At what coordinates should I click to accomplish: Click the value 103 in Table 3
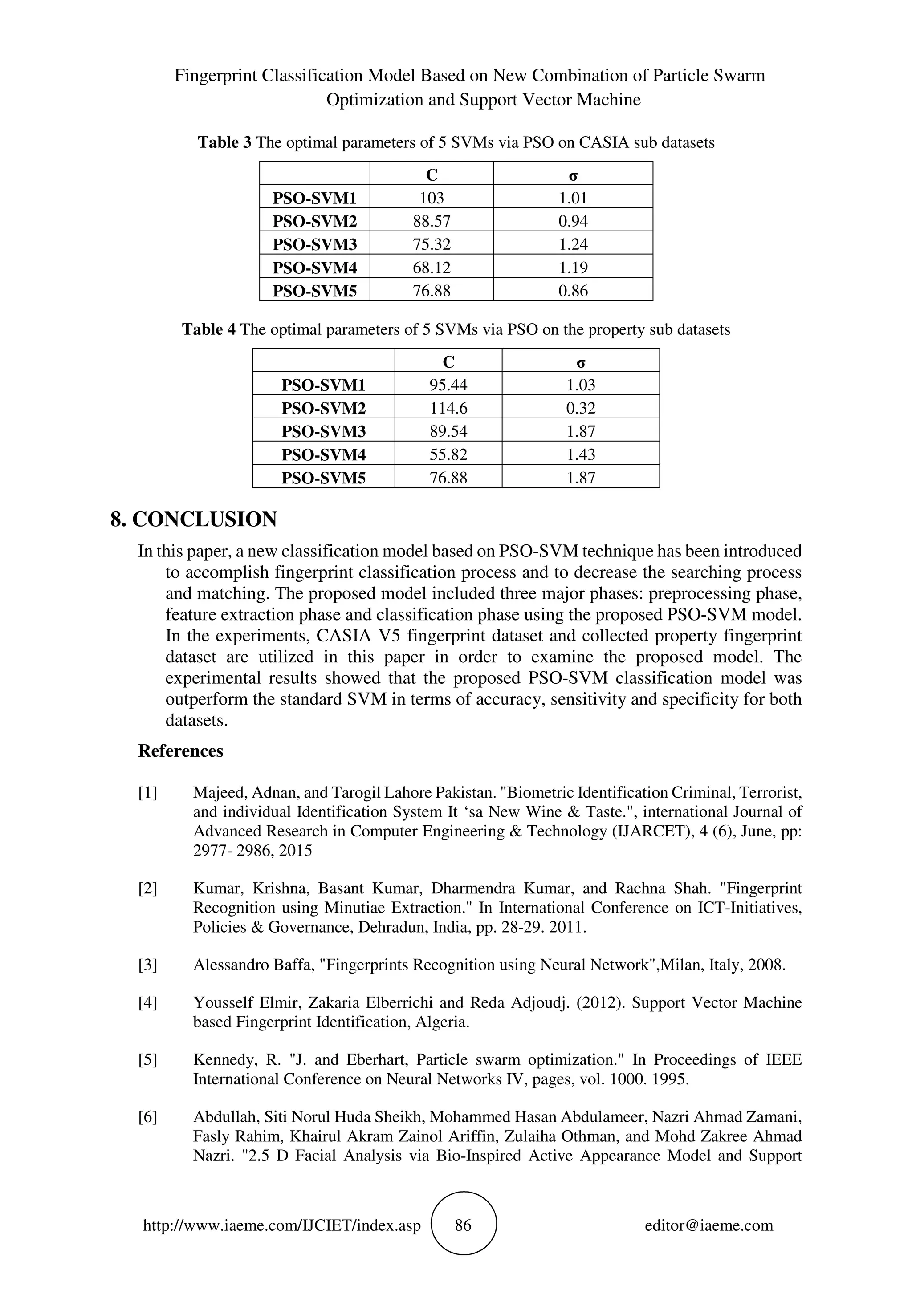[431, 198]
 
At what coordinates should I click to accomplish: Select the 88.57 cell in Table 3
[431, 221]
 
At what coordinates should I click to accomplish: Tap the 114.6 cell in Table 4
[448, 408]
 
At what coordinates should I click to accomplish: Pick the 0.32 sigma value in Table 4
[581, 408]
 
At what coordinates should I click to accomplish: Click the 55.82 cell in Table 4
[448, 454]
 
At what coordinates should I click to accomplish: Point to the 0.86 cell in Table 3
[573, 291]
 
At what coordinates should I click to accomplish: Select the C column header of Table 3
[431, 175]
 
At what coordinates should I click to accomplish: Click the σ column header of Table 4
[581, 362]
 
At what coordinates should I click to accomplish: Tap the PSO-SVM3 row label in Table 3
[315, 245]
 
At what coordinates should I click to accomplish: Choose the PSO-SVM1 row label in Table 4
[323, 385]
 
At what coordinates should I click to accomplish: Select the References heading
[180, 751]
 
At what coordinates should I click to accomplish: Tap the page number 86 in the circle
[463, 1225]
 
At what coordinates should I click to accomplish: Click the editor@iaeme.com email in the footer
[708, 1225]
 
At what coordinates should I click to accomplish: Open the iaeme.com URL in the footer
[281, 1225]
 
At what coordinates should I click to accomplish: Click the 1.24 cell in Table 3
[573, 244]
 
